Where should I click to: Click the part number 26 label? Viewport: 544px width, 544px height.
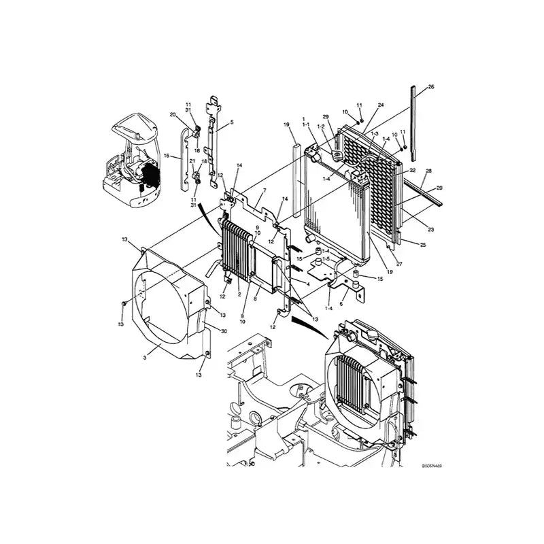tap(430, 87)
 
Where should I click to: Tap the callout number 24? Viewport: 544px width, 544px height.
tap(381, 105)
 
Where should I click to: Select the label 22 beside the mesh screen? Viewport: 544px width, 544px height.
tap(413, 169)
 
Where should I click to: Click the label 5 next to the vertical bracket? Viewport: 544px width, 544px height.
tap(231, 122)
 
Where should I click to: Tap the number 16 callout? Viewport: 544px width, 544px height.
tap(166, 156)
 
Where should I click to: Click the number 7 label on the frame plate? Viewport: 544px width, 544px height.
tap(264, 190)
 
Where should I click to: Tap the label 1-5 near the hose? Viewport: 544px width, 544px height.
tap(326, 259)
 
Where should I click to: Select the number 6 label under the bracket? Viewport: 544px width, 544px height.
tap(341, 304)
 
